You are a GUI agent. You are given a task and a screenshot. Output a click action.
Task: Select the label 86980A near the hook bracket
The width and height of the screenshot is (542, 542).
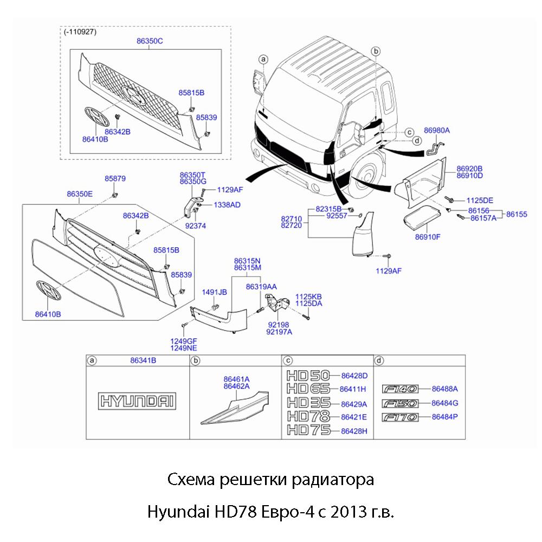(x=437, y=131)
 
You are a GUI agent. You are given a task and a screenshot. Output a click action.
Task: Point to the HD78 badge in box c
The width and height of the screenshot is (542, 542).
(x=306, y=417)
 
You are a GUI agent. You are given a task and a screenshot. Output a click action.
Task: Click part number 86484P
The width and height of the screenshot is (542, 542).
(x=445, y=417)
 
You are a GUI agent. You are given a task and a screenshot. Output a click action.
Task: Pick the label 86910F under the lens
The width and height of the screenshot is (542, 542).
(x=428, y=236)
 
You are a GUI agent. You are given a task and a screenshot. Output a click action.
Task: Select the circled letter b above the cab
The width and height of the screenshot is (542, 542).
(x=376, y=50)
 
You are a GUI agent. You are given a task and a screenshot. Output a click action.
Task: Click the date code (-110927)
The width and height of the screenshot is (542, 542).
(x=80, y=32)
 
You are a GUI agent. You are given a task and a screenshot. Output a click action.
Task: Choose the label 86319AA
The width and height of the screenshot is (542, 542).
(x=261, y=286)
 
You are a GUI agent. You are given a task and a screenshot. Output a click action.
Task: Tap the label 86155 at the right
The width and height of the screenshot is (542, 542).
(x=517, y=215)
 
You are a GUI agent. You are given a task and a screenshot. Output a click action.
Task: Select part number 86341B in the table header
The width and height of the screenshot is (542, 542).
(x=143, y=360)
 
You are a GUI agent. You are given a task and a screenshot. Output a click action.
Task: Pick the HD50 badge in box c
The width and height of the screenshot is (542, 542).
(x=306, y=375)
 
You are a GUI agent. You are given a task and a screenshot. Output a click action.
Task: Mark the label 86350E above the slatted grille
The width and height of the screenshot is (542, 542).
(x=80, y=193)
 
